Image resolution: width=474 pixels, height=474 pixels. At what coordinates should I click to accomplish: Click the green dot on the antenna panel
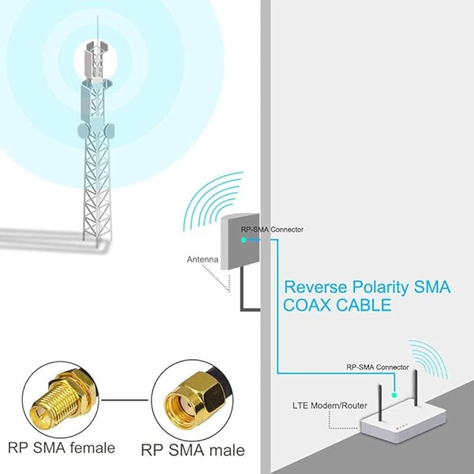pyautogui.click(x=243, y=240)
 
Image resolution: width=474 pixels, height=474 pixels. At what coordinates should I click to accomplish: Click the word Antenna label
pyautogui.click(x=203, y=260)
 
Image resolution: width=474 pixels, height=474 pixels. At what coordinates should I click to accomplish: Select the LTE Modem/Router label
pyautogui.click(x=330, y=405)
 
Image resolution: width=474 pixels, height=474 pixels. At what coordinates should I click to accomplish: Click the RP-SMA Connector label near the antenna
pyautogui.click(x=272, y=230)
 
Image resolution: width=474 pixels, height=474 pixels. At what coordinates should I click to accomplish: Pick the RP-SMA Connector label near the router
pyautogui.click(x=378, y=374)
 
